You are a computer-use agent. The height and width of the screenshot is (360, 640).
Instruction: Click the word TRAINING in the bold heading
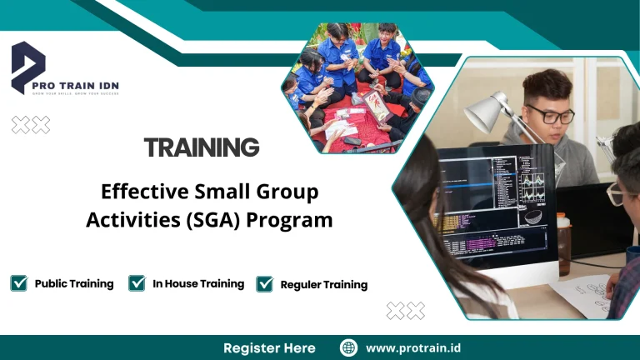202,147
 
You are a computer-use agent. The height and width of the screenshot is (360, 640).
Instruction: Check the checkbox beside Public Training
19,283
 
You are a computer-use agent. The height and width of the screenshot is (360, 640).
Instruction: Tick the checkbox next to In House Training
137,283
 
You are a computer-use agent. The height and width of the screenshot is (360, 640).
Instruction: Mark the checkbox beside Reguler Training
265,284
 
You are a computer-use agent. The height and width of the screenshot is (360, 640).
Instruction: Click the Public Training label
74,283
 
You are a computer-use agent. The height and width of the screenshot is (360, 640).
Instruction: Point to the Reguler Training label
324,284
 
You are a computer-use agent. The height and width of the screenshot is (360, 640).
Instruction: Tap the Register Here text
269,347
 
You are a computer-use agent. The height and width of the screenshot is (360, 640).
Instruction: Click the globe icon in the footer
349,347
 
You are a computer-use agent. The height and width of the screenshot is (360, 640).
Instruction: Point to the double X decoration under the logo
31,125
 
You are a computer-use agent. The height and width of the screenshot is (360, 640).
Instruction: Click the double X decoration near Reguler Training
406,311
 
